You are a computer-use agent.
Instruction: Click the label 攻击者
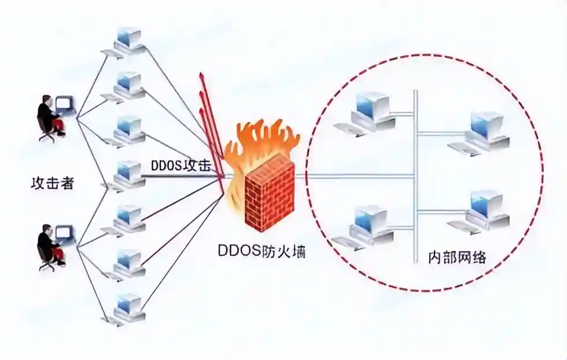(x=53, y=183)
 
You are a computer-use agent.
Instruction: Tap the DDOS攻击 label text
(x=181, y=166)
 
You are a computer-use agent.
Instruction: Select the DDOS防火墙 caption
(x=262, y=251)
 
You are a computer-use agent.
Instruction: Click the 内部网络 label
(x=457, y=257)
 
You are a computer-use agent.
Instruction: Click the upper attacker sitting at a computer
(x=56, y=117)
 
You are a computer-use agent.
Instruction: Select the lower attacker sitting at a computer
(x=56, y=247)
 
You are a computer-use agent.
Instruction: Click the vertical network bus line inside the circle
(x=416, y=176)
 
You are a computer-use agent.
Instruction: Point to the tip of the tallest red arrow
(x=201, y=74)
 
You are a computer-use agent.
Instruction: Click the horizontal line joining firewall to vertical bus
(x=354, y=177)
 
